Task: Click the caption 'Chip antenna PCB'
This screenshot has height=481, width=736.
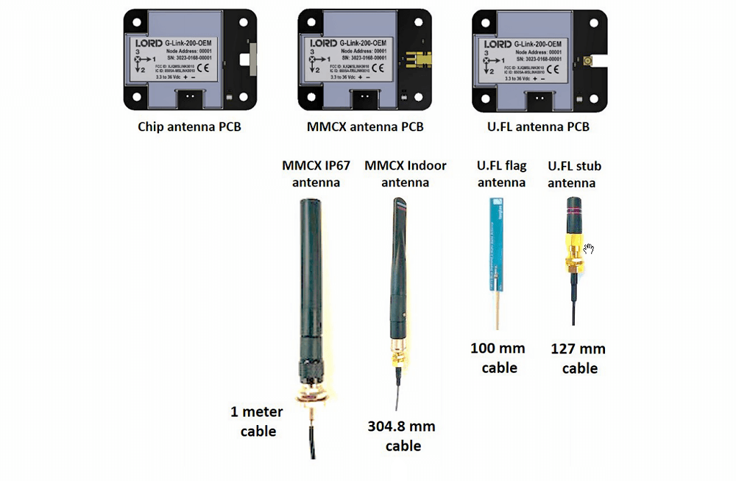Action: [x=189, y=127]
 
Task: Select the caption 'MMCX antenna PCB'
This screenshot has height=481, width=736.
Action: [x=365, y=127]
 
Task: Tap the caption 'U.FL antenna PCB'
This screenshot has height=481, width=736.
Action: [x=539, y=127]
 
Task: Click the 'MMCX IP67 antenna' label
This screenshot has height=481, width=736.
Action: [x=311, y=173]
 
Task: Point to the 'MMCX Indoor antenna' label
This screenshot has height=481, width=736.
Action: [x=406, y=173]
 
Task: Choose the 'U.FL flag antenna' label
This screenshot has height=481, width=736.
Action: [x=501, y=174]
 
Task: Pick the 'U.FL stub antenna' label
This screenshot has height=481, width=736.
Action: [x=574, y=174]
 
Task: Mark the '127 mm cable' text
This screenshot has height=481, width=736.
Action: [x=579, y=358]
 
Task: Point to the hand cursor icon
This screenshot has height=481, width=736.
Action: [x=589, y=249]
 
